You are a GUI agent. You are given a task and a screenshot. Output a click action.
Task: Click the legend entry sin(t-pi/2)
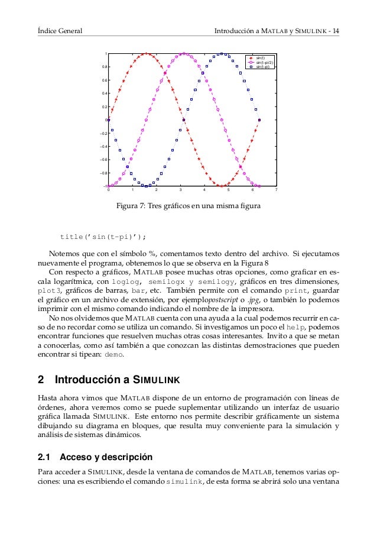(x=264, y=62)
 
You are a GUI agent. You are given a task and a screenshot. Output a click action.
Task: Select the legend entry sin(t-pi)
(x=262, y=66)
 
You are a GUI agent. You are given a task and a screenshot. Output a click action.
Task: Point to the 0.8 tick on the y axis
(x=104, y=67)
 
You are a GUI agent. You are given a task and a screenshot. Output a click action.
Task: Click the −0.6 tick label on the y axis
(x=103, y=160)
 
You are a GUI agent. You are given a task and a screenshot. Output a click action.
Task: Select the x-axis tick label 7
(x=276, y=190)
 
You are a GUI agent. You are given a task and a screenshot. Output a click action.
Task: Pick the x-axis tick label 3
(x=180, y=190)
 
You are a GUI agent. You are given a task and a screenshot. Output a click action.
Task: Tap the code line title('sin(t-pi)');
(x=103, y=237)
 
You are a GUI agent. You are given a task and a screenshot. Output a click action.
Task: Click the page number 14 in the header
(x=335, y=30)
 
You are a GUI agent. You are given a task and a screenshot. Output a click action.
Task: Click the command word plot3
(x=50, y=291)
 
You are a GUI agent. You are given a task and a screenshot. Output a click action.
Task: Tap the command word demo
(x=113, y=355)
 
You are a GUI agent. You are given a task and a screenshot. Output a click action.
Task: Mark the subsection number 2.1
(x=45, y=457)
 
